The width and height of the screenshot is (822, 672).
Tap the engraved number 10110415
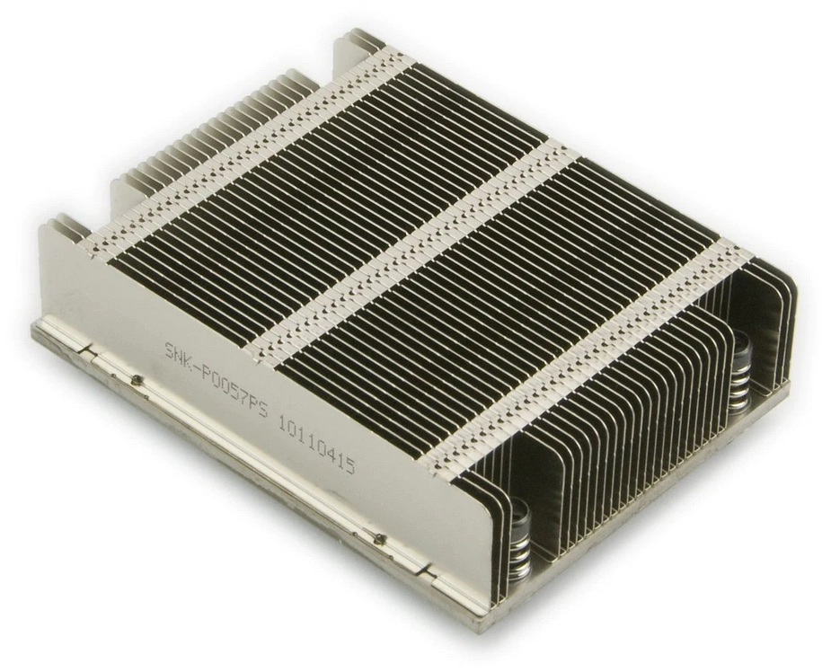click(316, 449)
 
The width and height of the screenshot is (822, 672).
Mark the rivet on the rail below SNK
click(137, 379)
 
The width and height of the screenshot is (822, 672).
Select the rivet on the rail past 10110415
click(378, 538)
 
